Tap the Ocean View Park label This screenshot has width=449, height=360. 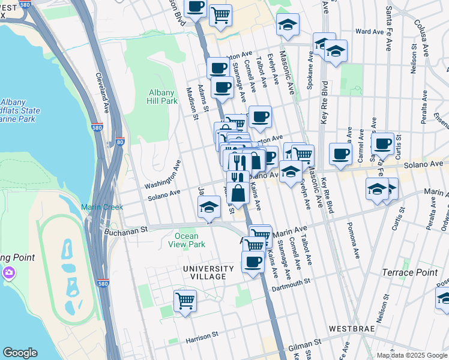point(190,240)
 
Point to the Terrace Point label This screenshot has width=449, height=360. point(410,272)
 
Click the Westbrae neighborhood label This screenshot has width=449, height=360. point(352,329)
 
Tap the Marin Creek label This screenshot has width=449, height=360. point(102,207)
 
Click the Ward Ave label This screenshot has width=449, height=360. point(369,31)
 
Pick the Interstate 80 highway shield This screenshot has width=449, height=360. point(119,142)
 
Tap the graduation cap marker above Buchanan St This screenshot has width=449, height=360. point(209,209)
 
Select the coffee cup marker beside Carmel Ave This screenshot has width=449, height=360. point(340,154)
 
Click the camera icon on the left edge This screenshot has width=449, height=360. point(8,273)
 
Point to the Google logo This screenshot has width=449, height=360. point(20,353)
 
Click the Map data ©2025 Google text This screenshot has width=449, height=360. point(411,355)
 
